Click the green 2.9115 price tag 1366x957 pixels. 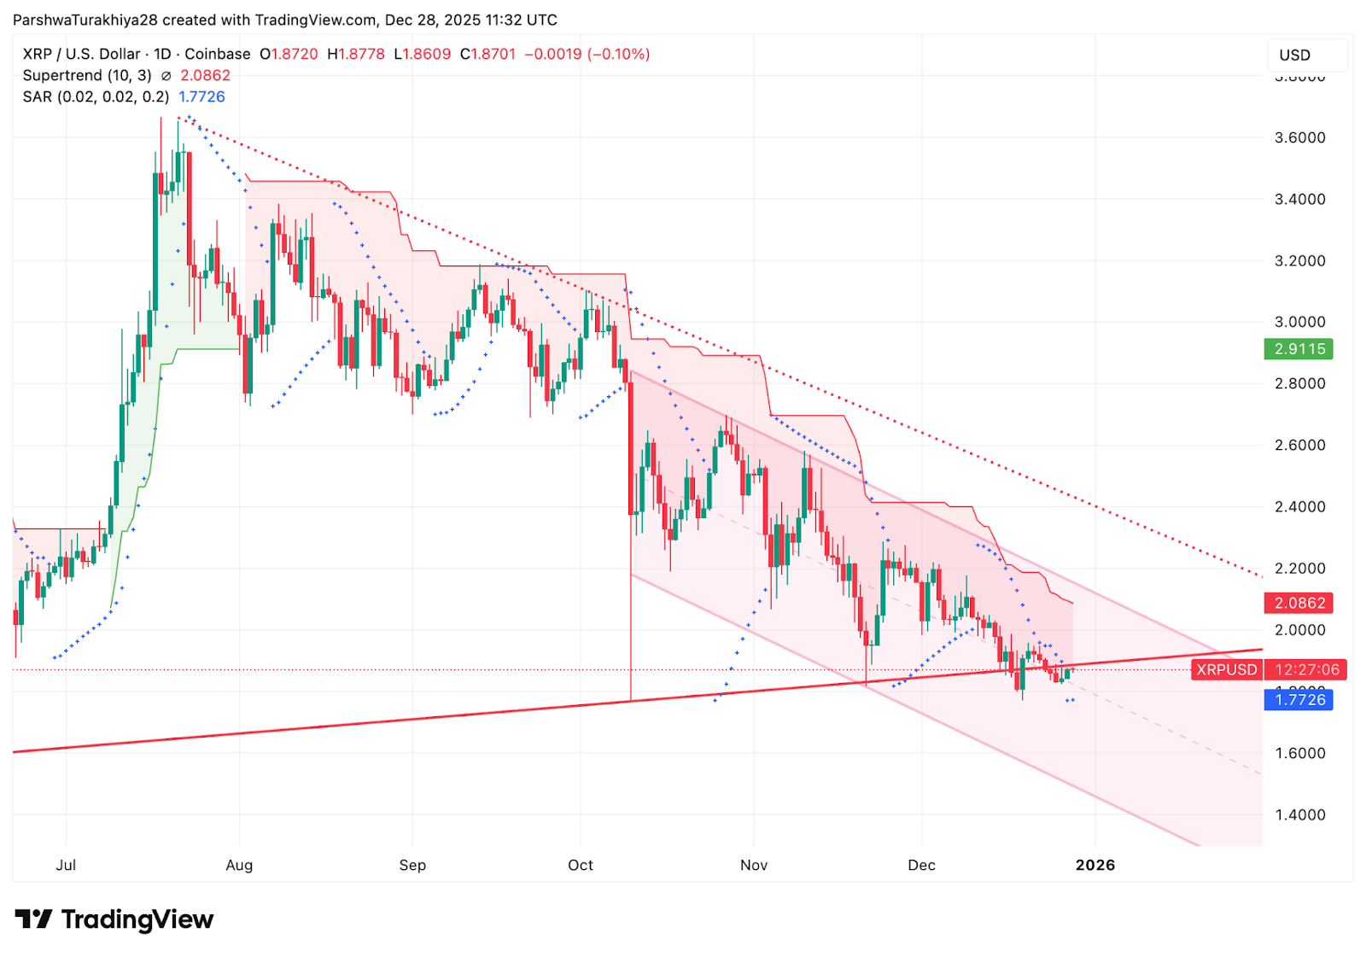tap(1299, 349)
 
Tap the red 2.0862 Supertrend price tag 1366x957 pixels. tap(1299, 604)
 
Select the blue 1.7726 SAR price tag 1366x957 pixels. tap(1299, 700)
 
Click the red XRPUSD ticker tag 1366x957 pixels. tap(1226, 670)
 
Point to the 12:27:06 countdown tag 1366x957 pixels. tap(1306, 670)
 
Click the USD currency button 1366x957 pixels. tap(1294, 55)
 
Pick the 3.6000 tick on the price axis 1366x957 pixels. tap(1299, 137)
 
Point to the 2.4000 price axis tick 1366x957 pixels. tap(1299, 507)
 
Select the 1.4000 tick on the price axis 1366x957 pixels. tap(1299, 815)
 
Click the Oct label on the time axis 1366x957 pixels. tap(581, 866)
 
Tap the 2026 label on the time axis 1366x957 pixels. tap(1095, 866)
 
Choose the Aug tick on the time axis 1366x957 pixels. tap(239, 866)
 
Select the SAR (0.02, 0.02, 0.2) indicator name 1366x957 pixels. tap(96, 97)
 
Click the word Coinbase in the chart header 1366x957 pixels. tap(218, 55)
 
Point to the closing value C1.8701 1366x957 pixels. tap(488, 55)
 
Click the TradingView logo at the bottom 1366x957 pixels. tap(114, 919)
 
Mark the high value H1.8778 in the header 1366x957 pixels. tap(356, 55)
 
